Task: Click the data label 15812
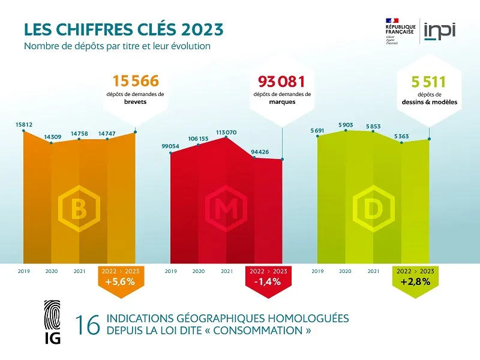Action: (24, 125)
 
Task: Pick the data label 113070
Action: (226, 132)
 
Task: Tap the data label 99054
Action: (171, 146)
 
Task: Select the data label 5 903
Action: (345, 125)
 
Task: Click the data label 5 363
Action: (401, 136)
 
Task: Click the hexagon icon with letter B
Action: (78, 209)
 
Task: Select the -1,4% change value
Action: (268, 282)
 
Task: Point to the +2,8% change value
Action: (415, 282)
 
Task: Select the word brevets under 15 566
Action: (135, 102)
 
